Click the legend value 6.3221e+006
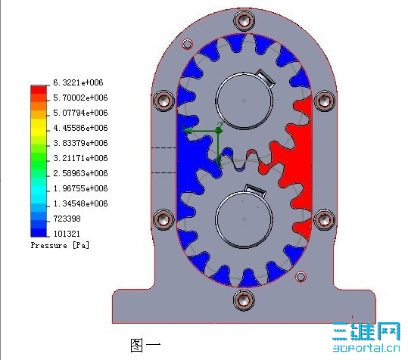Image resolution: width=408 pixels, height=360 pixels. click(78, 82)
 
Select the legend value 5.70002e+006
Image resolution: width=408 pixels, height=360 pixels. click(80, 98)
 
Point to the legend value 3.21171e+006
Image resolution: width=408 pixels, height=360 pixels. click(80, 158)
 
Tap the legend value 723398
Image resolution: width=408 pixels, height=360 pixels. click(67, 219)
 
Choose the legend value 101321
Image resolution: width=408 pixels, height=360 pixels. click(67, 234)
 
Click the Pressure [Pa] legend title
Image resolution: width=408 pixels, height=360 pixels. click(60, 245)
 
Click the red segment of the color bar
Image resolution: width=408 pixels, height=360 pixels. click(39, 90)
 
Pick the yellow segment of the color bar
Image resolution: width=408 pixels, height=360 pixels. click(39, 127)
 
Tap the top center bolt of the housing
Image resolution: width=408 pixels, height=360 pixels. click(244, 20)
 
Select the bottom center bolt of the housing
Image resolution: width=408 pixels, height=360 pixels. click(244, 300)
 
